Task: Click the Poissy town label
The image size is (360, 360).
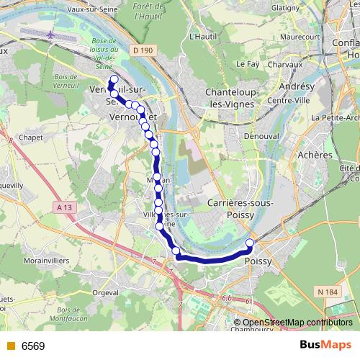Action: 258,261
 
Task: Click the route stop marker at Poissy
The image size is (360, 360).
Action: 251,243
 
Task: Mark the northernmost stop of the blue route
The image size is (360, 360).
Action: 113,79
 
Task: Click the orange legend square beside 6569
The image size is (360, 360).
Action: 9,346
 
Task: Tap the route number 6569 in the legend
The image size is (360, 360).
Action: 33,346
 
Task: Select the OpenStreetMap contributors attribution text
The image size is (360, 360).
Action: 297,323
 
